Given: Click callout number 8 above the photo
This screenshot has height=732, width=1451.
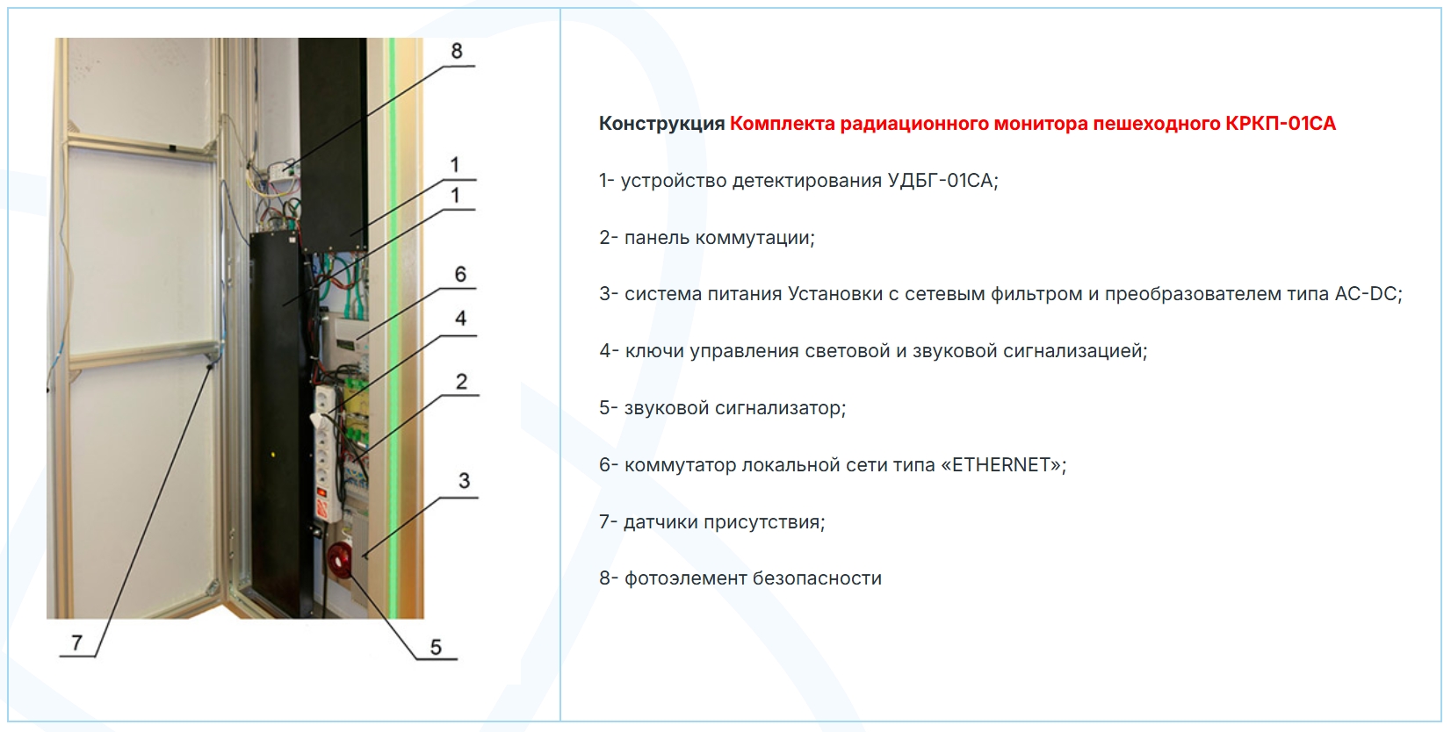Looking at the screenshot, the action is (x=457, y=51).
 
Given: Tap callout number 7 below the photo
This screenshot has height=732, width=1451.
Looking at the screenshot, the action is (x=77, y=642).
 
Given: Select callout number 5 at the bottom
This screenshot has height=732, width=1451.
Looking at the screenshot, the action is (x=436, y=647).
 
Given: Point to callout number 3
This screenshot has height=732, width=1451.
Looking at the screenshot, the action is (x=464, y=481).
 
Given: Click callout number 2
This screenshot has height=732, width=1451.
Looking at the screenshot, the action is (x=461, y=382).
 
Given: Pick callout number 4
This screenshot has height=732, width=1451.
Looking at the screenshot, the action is (x=460, y=319).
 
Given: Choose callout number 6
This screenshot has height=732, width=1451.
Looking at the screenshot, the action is (x=460, y=275).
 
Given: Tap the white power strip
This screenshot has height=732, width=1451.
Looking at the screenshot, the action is (x=328, y=454).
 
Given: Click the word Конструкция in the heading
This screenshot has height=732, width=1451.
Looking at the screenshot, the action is (x=661, y=124).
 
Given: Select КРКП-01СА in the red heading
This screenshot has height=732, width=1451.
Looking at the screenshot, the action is (x=1280, y=124).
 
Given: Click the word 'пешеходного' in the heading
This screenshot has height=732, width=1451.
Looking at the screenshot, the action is (x=1157, y=124).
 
